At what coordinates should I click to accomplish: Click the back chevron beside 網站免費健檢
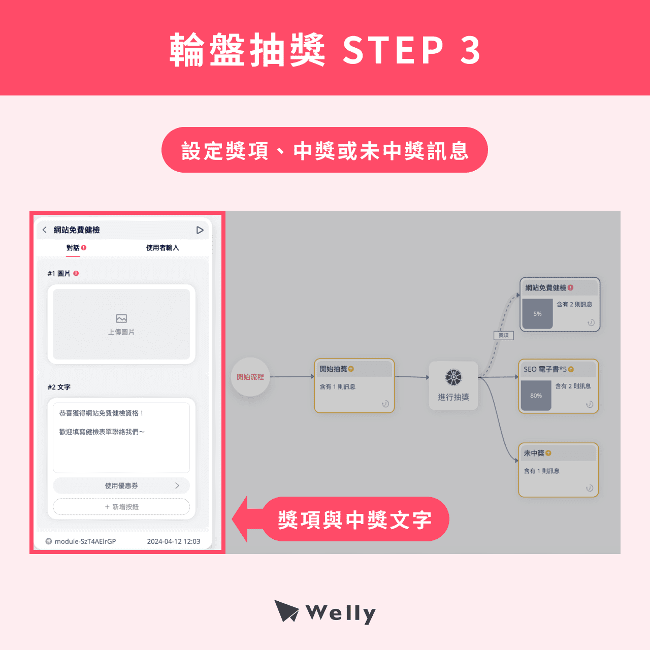click(45, 230)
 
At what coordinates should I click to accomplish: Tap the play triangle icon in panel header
click(200, 230)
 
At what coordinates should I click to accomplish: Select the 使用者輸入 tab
click(162, 248)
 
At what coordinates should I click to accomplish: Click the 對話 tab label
click(73, 248)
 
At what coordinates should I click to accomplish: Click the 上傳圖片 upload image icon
click(121, 319)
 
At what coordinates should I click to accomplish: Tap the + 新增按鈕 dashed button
click(121, 507)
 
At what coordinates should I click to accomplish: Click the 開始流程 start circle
click(250, 377)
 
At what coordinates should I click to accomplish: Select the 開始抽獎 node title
click(334, 369)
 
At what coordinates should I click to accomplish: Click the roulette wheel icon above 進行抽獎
click(453, 377)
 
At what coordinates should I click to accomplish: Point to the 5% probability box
click(537, 314)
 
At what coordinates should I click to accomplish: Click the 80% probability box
click(536, 396)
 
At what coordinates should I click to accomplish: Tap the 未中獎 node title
click(534, 453)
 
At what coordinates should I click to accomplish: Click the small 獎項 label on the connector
click(504, 335)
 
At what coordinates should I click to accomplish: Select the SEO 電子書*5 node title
click(545, 369)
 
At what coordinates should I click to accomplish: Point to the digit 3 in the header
click(470, 50)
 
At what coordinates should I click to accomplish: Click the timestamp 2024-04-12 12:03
click(174, 541)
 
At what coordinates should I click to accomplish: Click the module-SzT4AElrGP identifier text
click(85, 541)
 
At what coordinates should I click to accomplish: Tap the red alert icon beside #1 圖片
click(76, 273)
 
